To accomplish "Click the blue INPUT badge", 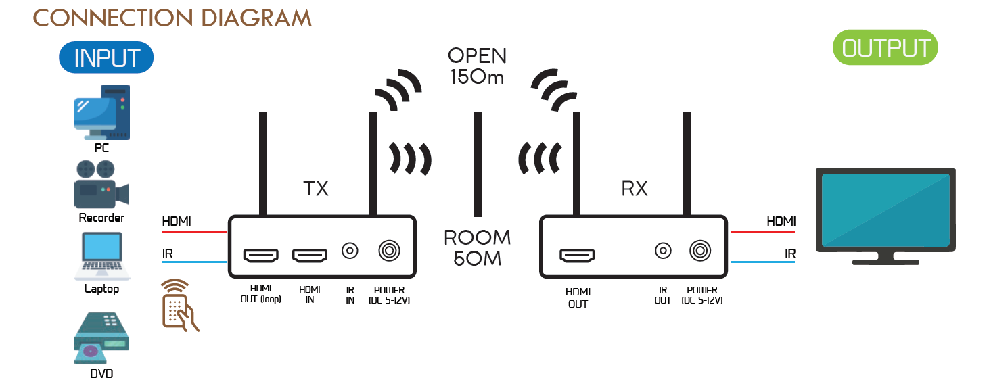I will pos(106,58).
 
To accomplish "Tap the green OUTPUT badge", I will pos(885,48).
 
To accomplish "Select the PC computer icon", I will pos(101,111).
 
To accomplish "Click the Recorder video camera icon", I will pos(101,184).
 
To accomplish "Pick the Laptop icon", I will pos(101,257).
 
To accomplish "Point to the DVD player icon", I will pos(101,339).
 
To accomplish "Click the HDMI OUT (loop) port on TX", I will pos(260,256).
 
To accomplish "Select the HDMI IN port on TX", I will pos(309,256).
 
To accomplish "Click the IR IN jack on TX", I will pos(350,251).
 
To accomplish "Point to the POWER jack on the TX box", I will pos(388,251).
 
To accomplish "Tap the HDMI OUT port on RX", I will pos(577,256).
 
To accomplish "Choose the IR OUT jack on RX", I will pos(663,251).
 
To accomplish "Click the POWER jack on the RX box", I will pos(700,251).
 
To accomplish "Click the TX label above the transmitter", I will pos(316,188).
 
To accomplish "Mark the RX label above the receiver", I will pos(634,189).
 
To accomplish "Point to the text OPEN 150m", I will pos(477,66).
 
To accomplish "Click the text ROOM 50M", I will pos(477,247).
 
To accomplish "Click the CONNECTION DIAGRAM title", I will pos(172,18).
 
